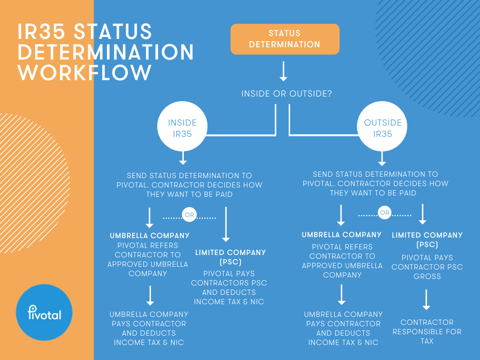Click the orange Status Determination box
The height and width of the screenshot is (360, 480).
(285, 39)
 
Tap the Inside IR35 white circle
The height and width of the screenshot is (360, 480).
(182, 127)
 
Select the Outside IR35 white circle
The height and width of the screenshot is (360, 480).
(382, 127)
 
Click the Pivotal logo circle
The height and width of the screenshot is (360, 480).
(44, 312)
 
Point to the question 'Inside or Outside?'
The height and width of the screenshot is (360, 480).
(287, 94)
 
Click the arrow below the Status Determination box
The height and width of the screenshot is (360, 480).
(283, 71)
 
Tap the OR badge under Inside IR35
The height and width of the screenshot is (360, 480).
(189, 216)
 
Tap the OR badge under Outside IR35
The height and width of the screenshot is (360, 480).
(384, 213)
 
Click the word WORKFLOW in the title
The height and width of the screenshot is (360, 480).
(85, 73)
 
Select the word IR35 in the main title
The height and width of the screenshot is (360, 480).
(43, 32)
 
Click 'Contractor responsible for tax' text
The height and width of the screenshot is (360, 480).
(427, 331)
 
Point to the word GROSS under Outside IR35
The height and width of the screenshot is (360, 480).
(427, 276)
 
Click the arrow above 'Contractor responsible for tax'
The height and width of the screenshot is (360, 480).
(426, 300)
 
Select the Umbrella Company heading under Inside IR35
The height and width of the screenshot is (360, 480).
(150, 236)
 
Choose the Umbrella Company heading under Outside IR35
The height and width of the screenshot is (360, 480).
(342, 235)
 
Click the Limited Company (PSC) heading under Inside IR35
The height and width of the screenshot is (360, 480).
(230, 257)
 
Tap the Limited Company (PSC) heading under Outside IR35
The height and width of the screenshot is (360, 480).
(427, 240)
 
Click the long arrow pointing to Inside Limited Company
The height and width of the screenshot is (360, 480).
(226, 224)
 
